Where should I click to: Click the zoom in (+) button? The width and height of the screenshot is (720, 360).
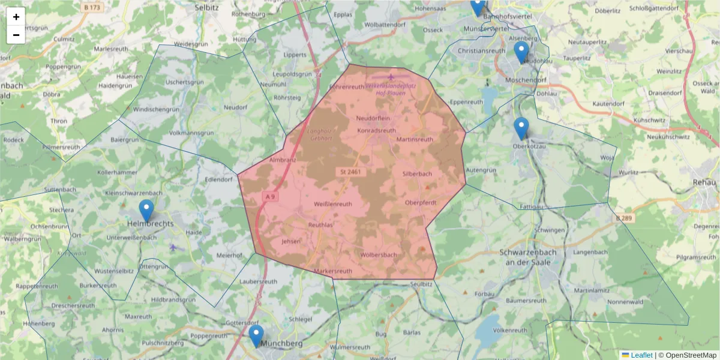coord(16,17)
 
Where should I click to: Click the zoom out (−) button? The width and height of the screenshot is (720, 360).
coord(16,35)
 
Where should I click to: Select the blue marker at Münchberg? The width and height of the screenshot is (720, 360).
coord(256,336)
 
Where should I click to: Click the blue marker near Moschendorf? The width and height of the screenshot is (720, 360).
coord(521,53)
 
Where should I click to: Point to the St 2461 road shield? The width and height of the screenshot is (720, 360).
coord(348,172)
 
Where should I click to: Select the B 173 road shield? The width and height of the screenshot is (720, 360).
coord(91,7)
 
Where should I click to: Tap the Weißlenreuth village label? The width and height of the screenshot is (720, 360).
coord(333,204)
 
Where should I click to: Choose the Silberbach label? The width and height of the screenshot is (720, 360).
coord(417,174)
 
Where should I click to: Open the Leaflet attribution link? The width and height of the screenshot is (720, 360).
coord(641,355)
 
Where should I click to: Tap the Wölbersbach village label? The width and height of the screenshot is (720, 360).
coord(379,255)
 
